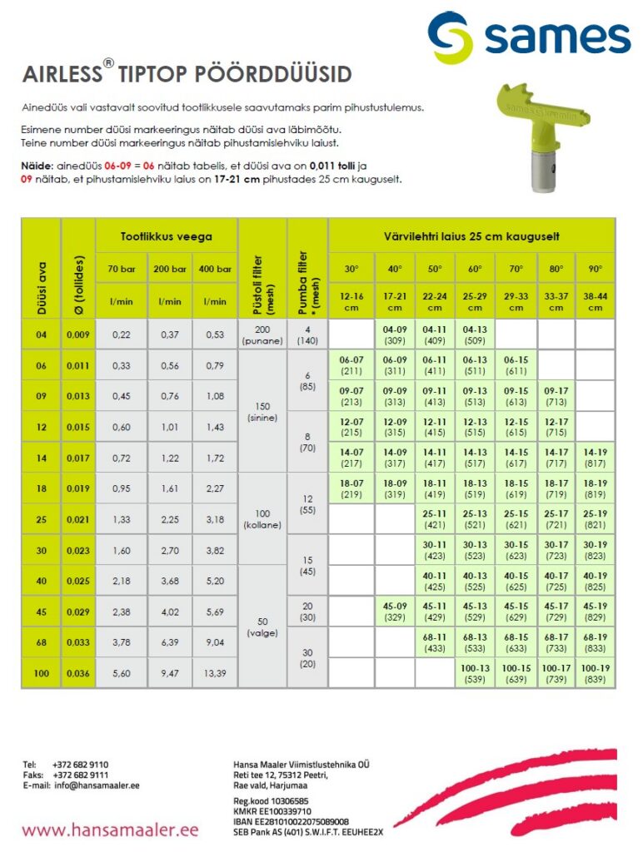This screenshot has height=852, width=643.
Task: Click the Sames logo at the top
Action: click(x=529, y=37)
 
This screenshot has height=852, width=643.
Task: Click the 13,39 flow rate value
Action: click(x=214, y=673)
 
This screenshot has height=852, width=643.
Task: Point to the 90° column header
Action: click(x=595, y=269)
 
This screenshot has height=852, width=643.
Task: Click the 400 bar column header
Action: click(x=214, y=269)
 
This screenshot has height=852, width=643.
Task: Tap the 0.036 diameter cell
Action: click(x=78, y=673)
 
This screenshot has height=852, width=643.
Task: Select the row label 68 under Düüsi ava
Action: click(x=41, y=642)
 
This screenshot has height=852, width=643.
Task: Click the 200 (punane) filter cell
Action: click(x=262, y=334)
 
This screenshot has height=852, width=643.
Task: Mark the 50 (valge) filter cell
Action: click(x=262, y=627)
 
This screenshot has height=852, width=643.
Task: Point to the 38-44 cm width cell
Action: click(x=595, y=302)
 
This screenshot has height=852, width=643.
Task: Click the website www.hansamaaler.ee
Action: click(x=110, y=830)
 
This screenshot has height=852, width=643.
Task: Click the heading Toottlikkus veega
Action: click(x=167, y=237)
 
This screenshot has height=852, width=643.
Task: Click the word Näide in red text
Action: click(x=36, y=166)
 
